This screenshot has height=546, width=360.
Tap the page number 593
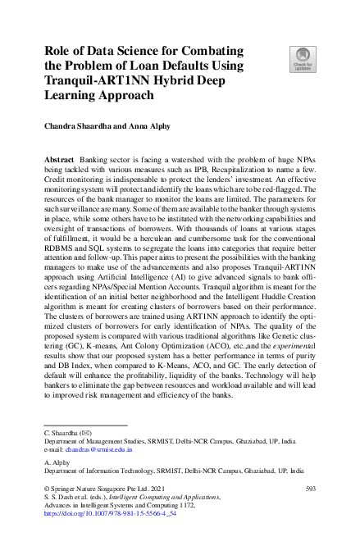[310, 489]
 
